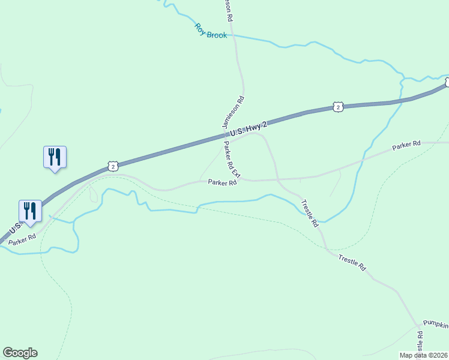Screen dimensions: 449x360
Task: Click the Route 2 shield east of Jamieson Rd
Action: click(339, 107)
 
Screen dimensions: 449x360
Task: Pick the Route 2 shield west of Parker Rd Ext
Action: click(112, 166)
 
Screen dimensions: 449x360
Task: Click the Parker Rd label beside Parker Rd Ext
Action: click(222, 182)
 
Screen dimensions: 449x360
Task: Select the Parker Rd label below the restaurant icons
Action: click(22, 237)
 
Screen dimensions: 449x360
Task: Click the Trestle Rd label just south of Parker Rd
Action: click(309, 213)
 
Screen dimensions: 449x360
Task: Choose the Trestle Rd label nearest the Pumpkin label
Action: click(352, 263)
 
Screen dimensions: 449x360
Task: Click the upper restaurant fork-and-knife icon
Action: click(55, 157)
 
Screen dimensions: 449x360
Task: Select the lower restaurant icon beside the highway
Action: click(30, 211)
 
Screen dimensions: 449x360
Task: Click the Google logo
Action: click(20, 353)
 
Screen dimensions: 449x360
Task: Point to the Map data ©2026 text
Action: click(424, 354)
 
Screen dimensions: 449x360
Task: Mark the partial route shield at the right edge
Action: click(447, 83)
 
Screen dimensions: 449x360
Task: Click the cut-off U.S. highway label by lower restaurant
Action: click(13, 229)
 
